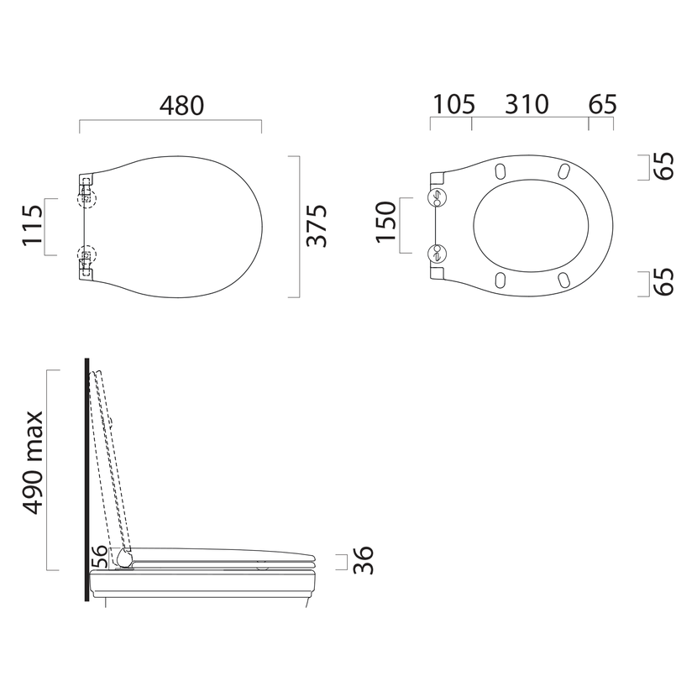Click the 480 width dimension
(x=181, y=106)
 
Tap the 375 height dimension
(x=317, y=226)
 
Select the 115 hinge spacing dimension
(x=33, y=225)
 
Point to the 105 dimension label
(x=453, y=104)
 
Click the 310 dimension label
(x=527, y=104)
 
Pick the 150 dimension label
(x=385, y=222)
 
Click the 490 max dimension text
(x=33, y=463)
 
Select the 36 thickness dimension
(x=363, y=560)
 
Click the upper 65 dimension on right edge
(x=663, y=166)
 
